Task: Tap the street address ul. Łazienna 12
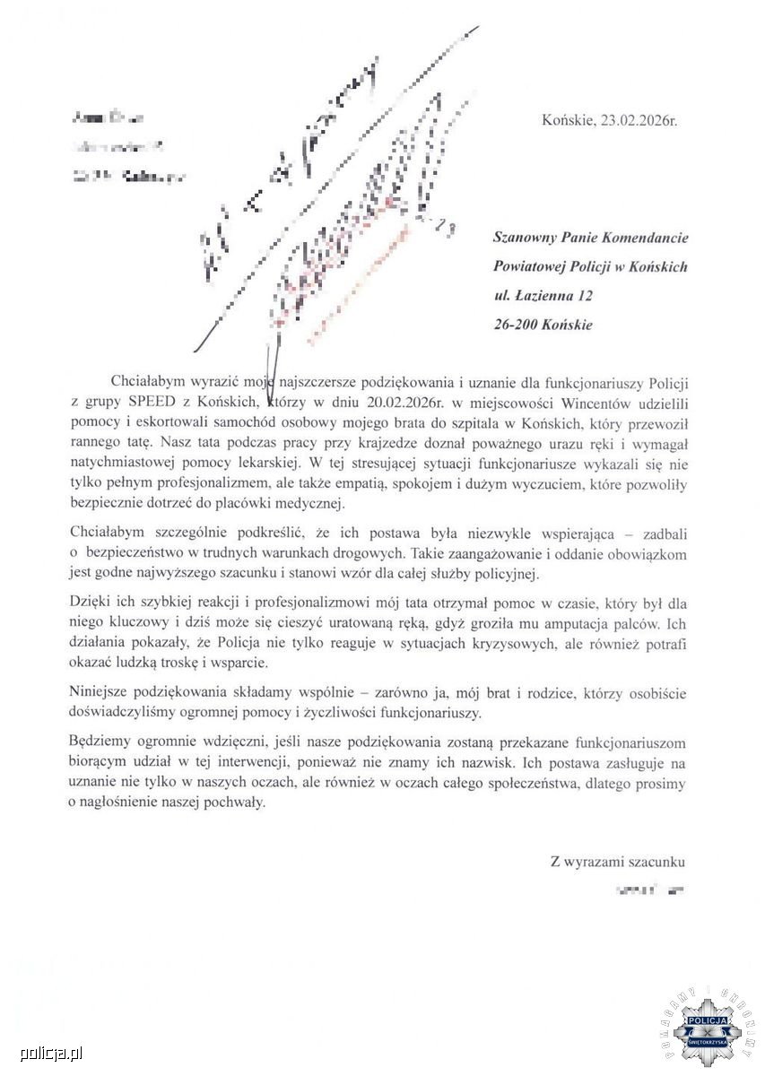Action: point(543,295)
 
